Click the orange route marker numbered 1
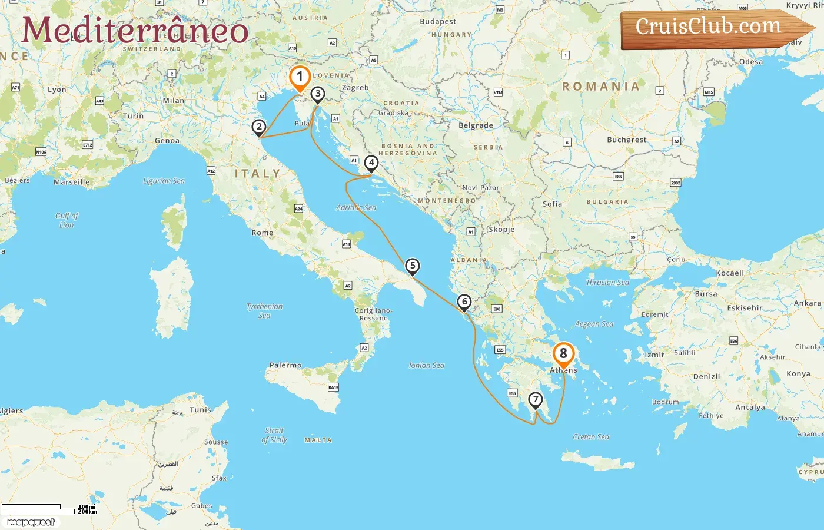pos(300,77)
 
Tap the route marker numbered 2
pos(259,127)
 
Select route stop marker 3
pos(318,94)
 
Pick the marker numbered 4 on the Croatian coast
pos(371,163)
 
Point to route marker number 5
pos(413,266)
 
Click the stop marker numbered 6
pos(464,302)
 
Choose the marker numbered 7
pos(535,400)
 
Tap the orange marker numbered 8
pos(563,353)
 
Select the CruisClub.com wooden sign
pos(712,28)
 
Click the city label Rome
pos(263,233)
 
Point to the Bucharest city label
pos(626,140)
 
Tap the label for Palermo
pos(285,365)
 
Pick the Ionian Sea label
pos(427,365)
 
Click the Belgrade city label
pos(476,125)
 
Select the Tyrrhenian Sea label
pos(264,310)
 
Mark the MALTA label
pos(318,440)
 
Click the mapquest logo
pos(31,522)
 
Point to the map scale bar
pos(38,509)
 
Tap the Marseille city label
pos(72,182)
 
